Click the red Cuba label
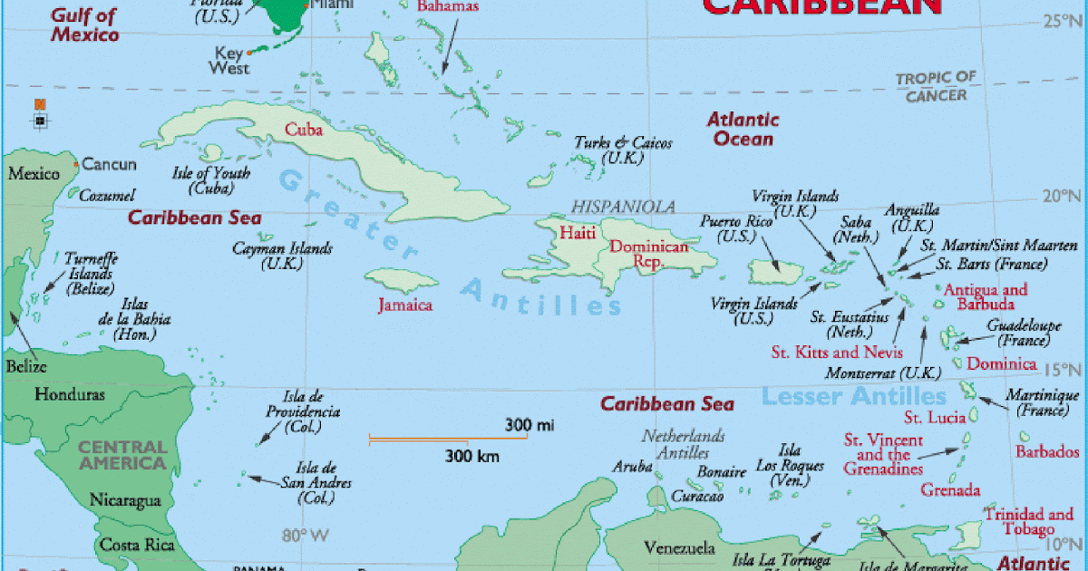point(304,130)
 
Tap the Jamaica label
point(405,305)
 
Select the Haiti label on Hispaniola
point(578,233)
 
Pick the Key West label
point(228,60)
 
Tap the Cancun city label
point(109,165)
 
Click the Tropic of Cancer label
point(936,87)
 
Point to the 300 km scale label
point(471,456)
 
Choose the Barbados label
point(1047,451)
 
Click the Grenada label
point(950,490)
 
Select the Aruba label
point(632,468)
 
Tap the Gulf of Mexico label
point(84,24)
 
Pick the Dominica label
point(1001,364)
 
